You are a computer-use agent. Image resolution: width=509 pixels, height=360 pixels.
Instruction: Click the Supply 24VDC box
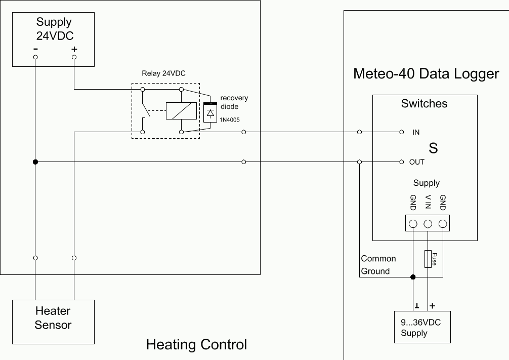(x=54, y=39)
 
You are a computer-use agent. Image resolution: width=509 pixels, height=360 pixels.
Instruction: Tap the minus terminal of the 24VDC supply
(x=35, y=57)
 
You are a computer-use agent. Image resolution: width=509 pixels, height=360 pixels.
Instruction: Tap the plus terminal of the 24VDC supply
(x=74, y=57)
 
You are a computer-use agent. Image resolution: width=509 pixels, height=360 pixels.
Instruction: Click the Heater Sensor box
(x=53, y=318)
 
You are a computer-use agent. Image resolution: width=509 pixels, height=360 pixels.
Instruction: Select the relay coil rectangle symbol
(x=181, y=110)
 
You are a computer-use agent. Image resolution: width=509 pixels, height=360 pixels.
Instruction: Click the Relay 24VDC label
(x=163, y=73)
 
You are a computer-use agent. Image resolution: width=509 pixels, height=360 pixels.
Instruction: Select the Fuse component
(x=428, y=259)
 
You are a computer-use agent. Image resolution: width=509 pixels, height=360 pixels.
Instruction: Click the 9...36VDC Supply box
(x=422, y=327)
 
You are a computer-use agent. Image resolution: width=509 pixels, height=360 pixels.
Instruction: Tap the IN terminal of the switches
(x=401, y=132)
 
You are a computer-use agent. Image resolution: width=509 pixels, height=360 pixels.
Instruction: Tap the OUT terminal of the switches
(x=401, y=162)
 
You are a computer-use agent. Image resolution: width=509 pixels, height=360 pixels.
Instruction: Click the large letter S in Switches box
(x=433, y=148)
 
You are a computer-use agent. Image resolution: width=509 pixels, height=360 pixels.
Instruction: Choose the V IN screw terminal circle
(x=428, y=224)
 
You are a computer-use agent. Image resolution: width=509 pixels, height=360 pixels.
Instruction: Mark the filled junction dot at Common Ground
(x=413, y=277)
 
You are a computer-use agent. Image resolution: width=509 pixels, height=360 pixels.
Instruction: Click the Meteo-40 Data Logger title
(x=426, y=74)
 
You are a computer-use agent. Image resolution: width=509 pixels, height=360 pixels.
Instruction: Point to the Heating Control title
(x=196, y=345)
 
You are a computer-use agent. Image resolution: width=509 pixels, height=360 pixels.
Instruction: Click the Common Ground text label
(x=378, y=265)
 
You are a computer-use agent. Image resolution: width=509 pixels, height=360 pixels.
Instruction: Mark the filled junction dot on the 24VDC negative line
(x=35, y=162)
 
